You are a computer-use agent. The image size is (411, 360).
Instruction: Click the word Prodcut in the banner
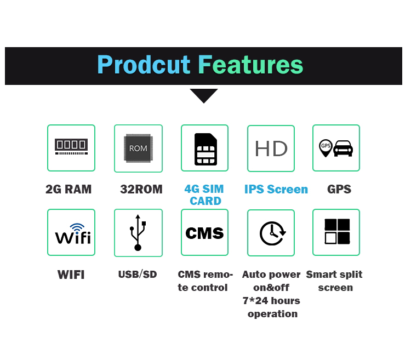point(144,65)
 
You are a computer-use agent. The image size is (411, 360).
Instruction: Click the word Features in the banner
point(250,65)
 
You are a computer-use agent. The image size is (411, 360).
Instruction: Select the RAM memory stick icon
point(71,146)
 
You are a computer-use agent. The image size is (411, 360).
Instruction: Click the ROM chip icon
point(139,148)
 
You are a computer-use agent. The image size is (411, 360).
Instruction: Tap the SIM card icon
point(206,149)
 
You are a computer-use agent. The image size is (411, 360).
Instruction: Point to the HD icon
point(271,148)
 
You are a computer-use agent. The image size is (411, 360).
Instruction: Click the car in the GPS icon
point(343,148)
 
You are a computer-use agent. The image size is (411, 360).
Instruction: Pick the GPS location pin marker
point(326,148)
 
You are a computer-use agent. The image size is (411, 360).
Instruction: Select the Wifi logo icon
point(73,234)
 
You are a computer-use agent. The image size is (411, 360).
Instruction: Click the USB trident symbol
point(138,232)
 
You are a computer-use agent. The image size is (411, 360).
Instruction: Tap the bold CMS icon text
point(204,233)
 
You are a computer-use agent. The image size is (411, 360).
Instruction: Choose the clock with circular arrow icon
point(272,233)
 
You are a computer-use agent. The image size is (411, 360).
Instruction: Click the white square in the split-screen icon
point(330,238)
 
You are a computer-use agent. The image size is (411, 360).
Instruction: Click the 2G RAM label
point(68,189)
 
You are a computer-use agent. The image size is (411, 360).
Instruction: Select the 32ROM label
point(141,189)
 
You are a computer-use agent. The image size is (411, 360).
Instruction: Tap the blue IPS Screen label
point(276,189)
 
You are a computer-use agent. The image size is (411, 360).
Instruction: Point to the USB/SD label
point(138,275)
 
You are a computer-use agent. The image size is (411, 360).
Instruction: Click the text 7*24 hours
point(271,300)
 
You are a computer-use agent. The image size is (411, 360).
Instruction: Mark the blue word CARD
point(206,201)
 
